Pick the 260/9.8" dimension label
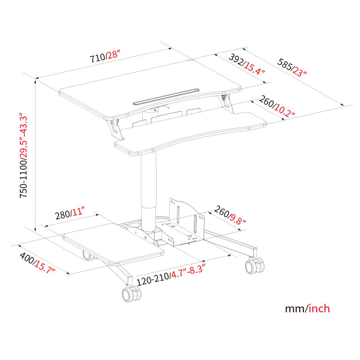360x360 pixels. (x=229, y=215)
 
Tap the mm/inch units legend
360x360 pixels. (x=307, y=309)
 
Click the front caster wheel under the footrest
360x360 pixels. (x=131, y=294)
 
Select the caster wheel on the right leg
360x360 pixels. (x=254, y=266)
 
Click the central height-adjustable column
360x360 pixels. (x=148, y=189)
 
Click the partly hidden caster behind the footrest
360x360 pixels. (x=88, y=256)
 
